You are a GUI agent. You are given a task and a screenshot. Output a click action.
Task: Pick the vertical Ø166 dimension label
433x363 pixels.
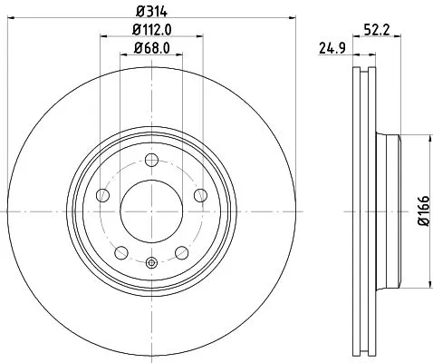click(x=423, y=211)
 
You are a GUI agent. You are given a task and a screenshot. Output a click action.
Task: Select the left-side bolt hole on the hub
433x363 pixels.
click(x=103, y=196)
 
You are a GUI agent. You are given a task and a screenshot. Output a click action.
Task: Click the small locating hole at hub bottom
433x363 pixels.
click(x=150, y=263)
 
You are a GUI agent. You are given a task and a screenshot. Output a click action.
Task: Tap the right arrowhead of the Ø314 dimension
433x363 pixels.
click(x=293, y=15)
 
